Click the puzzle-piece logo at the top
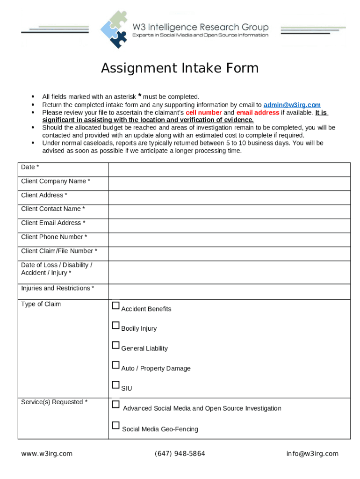pos(114,29)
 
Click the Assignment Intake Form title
pos(180,68)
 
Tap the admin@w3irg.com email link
pos(292,105)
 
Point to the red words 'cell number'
pos(203,113)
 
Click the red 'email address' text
pos(258,113)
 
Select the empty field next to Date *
pos(229,169)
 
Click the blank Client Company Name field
pos(229,183)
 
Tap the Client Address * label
pos(44,195)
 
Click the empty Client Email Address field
pos(229,225)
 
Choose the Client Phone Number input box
pos(229,239)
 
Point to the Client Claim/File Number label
pos(59,251)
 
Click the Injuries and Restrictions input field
pos(229,291)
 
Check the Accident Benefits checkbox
pos(116,306)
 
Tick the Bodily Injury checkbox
pos(116,326)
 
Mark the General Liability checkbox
pos(116,346)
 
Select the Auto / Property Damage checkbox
pos(116,365)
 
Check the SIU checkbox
pos(116,385)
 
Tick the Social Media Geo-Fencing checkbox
pos(116,426)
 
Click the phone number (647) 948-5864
pos(180,454)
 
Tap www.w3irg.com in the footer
pos(47,454)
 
